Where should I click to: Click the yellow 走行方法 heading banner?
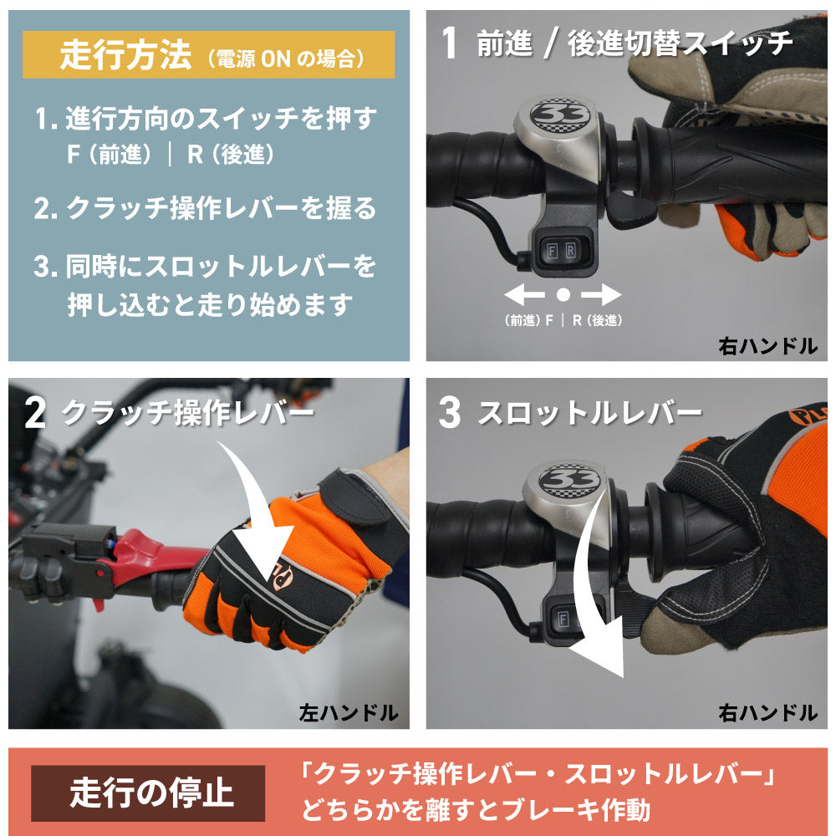click(208, 55)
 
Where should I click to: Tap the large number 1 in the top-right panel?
click(450, 43)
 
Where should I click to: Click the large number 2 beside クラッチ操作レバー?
click(35, 413)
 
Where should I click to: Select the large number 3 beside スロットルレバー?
click(450, 413)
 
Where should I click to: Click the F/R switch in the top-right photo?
click(558, 248)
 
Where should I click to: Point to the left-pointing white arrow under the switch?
click(524, 294)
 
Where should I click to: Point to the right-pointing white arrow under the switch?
click(601, 294)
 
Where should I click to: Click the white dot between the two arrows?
click(563, 294)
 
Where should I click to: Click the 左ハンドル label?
click(348, 713)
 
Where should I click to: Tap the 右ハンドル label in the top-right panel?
click(767, 345)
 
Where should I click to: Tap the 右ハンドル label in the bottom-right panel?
click(767, 713)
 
